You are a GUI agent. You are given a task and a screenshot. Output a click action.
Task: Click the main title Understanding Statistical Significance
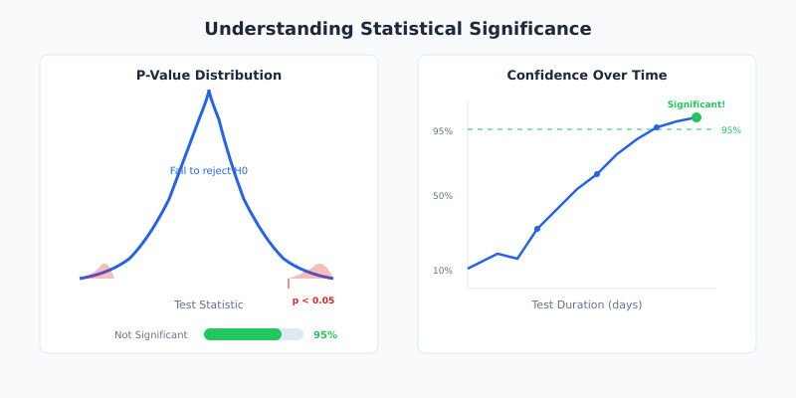point(398,29)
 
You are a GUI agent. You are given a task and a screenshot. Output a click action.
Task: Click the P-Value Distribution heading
point(209,76)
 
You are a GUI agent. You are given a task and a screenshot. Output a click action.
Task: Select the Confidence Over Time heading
point(587,76)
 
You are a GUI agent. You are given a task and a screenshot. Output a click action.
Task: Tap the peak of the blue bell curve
point(209,92)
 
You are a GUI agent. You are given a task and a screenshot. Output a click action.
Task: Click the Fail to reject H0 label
point(209,171)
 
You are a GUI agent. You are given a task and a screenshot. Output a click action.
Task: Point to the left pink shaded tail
point(101,272)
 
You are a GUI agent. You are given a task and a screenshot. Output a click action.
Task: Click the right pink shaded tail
point(318,271)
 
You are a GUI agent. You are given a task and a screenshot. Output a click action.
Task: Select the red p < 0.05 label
point(312,300)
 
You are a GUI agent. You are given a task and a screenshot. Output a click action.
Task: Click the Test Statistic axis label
point(209,304)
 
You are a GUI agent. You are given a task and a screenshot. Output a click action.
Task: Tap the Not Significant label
point(150,335)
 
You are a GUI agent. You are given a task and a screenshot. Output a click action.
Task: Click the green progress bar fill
point(242,334)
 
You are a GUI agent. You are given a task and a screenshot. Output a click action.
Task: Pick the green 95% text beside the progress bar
point(325,335)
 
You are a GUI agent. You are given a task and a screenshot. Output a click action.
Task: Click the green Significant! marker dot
point(696,117)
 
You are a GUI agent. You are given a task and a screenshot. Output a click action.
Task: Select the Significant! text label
point(696,104)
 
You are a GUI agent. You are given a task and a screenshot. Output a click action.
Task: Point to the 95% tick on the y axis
point(443,131)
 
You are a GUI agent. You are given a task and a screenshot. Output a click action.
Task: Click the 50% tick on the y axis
point(443,196)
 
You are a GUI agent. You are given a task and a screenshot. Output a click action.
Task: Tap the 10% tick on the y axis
point(443,271)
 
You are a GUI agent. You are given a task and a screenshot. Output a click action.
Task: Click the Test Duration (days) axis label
point(587,304)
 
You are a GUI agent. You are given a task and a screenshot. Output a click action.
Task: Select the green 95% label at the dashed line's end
point(731,130)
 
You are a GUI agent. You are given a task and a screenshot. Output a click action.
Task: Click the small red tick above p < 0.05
point(289,284)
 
